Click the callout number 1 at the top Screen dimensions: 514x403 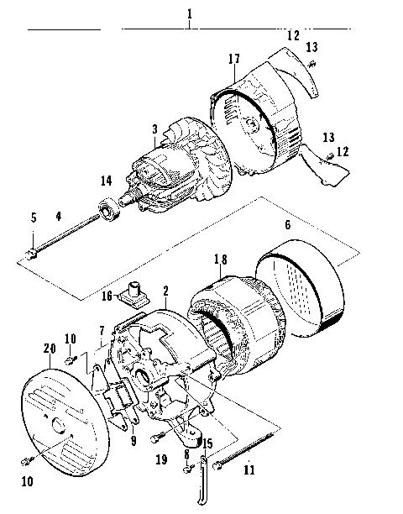click(190, 14)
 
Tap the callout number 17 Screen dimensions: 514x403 click(234, 59)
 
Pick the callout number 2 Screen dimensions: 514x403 click(165, 290)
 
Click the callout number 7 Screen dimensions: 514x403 click(102, 331)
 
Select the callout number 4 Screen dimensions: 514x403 click(59, 216)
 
